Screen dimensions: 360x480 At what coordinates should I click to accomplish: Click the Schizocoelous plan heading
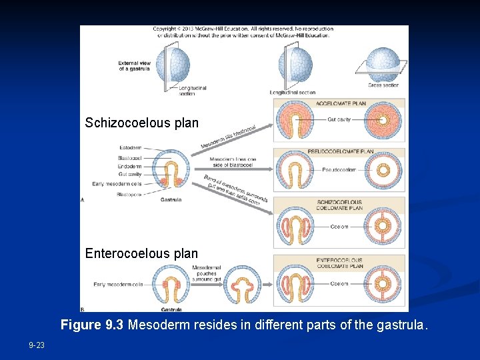[x=141, y=123]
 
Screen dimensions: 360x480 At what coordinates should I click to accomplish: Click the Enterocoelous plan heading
[x=141, y=253]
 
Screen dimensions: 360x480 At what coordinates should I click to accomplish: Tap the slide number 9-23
[x=37, y=345]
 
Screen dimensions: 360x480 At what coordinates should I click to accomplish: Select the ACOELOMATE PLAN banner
[x=339, y=104]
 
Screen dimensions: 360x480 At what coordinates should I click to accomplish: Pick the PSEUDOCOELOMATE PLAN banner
[x=339, y=152]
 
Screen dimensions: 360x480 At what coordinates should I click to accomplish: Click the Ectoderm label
[x=130, y=147]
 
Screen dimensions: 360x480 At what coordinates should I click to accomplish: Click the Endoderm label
[x=129, y=166]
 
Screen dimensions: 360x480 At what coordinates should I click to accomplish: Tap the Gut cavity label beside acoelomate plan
[x=338, y=119]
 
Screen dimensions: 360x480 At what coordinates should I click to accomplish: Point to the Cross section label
[x=383, y=85]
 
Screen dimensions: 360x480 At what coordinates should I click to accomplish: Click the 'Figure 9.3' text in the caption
[x=92, y=325]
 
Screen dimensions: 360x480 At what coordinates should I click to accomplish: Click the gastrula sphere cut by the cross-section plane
[x=383, y=64]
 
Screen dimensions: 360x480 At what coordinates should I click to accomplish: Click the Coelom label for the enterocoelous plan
[x=339, y=284]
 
